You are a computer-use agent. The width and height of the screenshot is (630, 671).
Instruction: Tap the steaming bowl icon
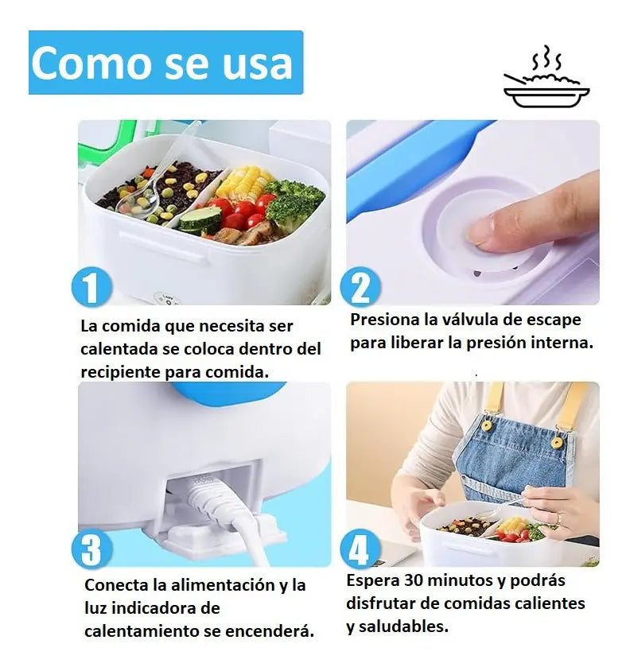tap(546, 76)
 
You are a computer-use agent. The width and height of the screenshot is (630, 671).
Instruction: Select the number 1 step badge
tap(91, 286)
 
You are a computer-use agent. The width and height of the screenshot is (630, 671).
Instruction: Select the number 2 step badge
tap(360, 286)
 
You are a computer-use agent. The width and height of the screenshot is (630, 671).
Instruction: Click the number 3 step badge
tap(91, 549)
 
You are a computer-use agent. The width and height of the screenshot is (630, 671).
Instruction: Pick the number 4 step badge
tap(360, 549)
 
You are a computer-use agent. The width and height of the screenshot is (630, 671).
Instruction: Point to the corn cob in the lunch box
tap(243, 183)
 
